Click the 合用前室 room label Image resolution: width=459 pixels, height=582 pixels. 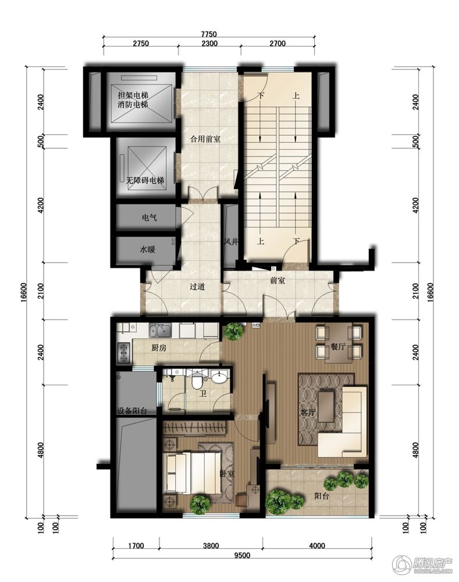(x=205, y=139)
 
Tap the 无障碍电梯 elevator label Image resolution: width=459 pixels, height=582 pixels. (x=145, y=180)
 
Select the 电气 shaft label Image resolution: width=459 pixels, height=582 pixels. (x=149, y=218)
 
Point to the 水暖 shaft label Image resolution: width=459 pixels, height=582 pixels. (x=147, y=250)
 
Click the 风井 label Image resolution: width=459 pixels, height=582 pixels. (x=230, y=242)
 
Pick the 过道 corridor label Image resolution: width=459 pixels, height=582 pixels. (x=197, y=286)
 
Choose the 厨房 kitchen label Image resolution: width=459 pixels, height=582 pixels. (x=159, y=348)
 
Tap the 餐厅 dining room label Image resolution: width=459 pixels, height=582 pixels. (x=338, y=347)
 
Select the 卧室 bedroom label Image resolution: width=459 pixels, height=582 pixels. (x=226, y=474)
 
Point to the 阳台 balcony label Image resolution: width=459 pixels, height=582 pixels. (x=321, y=495)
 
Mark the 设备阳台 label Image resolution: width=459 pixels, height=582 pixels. (x=132, y=411)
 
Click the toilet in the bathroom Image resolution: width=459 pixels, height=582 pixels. (x=196, y=382)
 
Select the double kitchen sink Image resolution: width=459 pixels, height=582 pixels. (x=160, y=330)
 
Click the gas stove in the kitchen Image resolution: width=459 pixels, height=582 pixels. (x=123, y=353)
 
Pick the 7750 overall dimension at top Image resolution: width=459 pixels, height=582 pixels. (x=209, y=34)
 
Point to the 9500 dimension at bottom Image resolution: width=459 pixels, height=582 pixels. (x=243, y=555)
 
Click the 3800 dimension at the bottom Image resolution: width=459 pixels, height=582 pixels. (x=211, y=546)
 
